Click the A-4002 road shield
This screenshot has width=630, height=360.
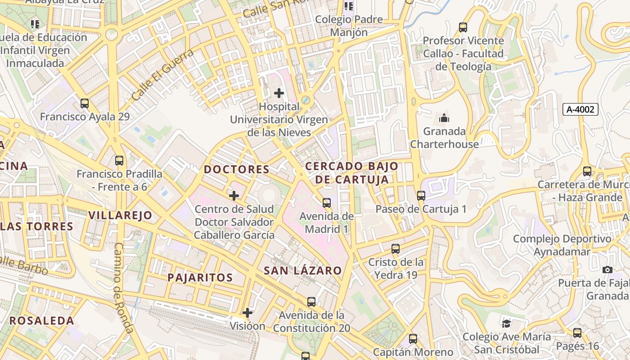(x=580, y=109)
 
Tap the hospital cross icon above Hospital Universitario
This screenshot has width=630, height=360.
(x=279, y=93)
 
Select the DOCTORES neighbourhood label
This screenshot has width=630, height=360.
(x=237, y=170)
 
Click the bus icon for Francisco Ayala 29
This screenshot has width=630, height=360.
(x=85, y=103)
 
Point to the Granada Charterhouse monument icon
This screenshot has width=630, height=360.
(x=444, y=118)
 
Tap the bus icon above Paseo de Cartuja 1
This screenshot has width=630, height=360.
(x=421, y=196)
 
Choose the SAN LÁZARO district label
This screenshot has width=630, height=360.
(x=302, y=270)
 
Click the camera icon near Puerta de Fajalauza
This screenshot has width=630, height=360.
(x=607, y=270)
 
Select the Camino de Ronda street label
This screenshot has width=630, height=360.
(x=123, y=288)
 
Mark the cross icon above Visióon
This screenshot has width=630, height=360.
(x=247, y=312)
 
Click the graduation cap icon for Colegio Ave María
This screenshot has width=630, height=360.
(x=506, y=324)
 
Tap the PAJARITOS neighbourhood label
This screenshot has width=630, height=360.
(x=200, y=278)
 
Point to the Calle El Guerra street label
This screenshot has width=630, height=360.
(x=163, y=75)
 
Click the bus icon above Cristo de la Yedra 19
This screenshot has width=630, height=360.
(x=396, y=249)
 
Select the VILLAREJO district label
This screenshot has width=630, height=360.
(x=120, y=215)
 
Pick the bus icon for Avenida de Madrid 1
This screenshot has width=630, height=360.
(x=327, y=203)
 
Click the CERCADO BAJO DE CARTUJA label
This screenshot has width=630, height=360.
(x=351, y=173)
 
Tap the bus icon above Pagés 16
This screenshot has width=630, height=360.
(x=577, y=333)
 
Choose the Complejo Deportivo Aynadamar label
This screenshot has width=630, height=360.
(x=562, y=245)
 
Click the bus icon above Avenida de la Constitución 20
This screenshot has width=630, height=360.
(x=311, y=302)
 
